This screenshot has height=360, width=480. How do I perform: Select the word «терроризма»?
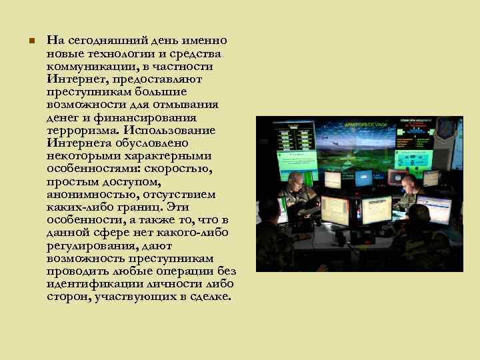(76, 130)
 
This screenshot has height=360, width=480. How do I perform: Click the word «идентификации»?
(89, 284)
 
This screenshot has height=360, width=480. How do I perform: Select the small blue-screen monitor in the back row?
(364, 178)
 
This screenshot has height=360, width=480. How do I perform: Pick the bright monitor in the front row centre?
(375, 211)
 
